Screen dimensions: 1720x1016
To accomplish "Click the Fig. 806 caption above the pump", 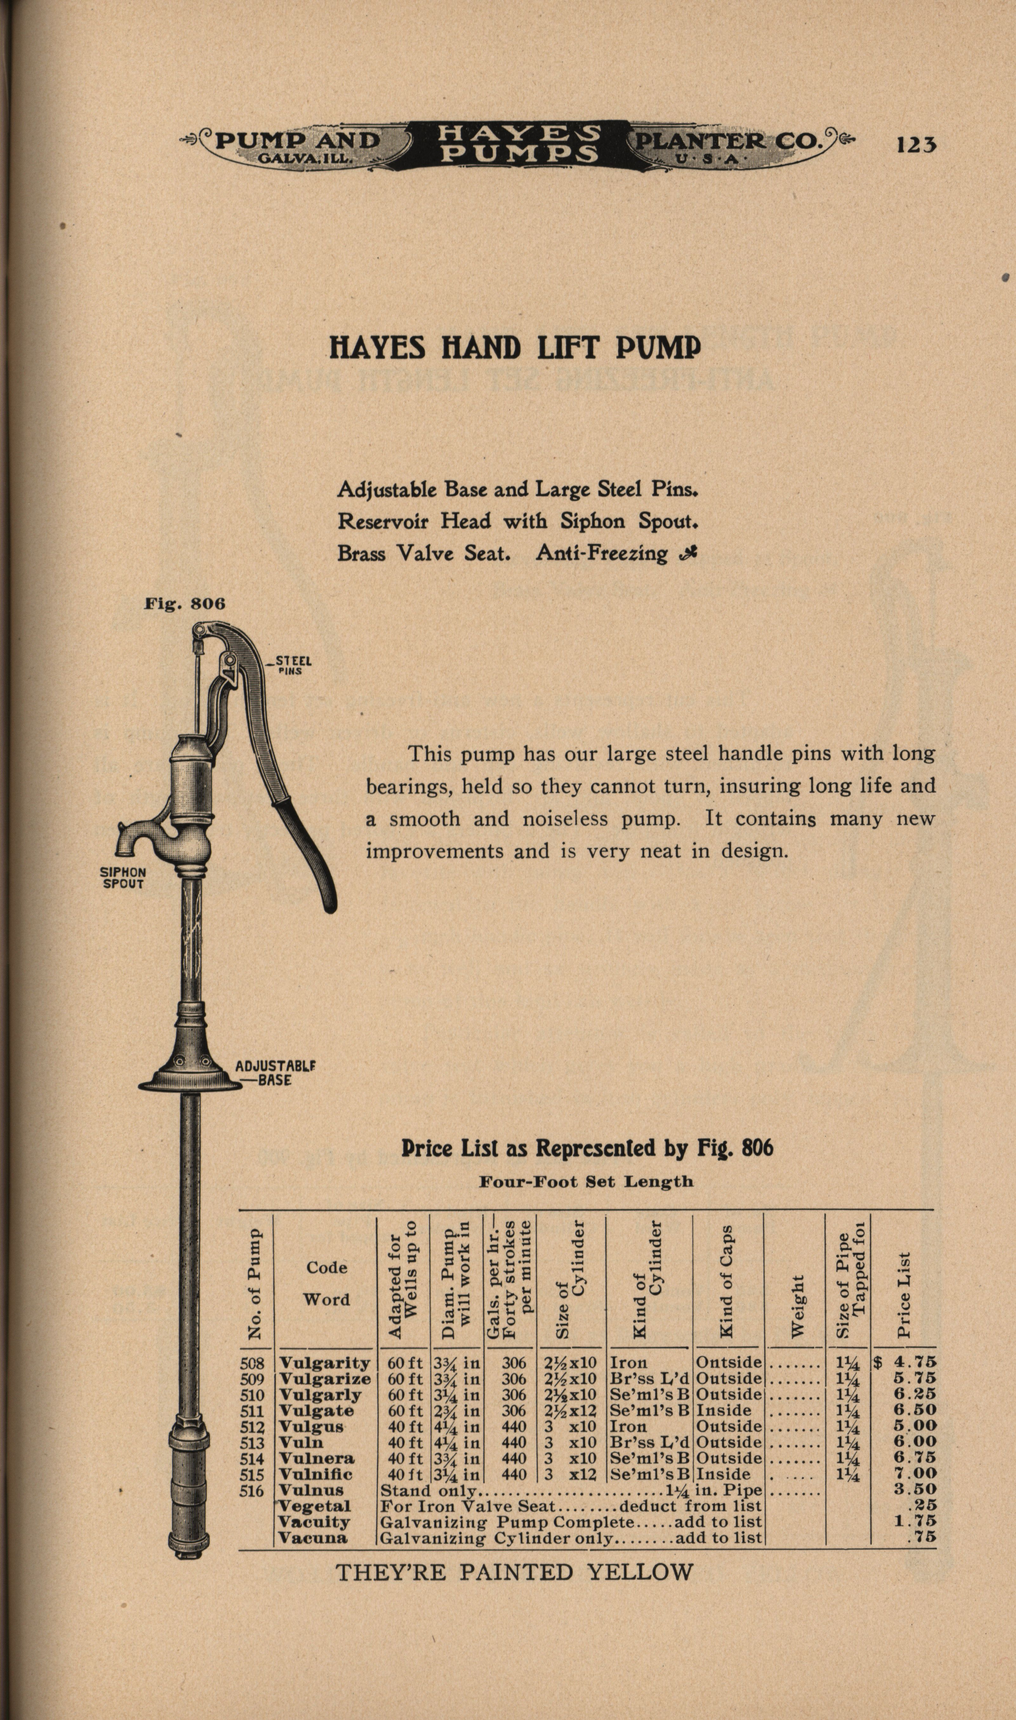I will [184, 604].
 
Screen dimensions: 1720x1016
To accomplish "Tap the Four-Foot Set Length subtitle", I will [585, 1181].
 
